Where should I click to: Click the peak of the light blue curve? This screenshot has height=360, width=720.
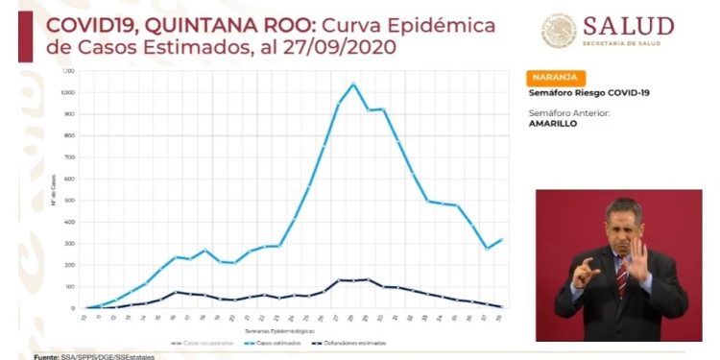(x=353, y=84)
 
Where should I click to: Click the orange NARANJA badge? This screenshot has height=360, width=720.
(x=556, y=78)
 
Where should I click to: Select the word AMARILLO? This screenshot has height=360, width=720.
(x=553, y=124)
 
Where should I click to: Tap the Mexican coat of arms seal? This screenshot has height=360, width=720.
(x=560, y=30)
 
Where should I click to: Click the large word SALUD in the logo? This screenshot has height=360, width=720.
(x=630, y=26)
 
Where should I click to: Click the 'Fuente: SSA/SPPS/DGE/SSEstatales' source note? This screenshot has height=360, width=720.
(x=87, y=356)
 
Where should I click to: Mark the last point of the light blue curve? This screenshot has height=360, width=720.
(x=502, y=239)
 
